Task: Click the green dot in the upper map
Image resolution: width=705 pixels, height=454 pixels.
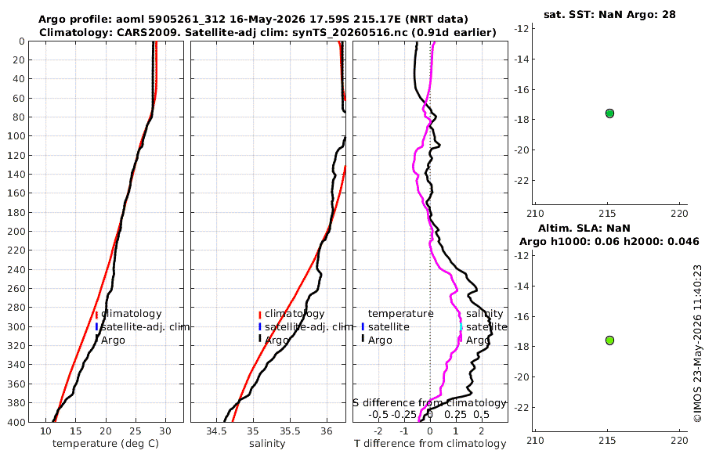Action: click(609, 113)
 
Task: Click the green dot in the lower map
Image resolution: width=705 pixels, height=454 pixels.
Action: click(609, 340)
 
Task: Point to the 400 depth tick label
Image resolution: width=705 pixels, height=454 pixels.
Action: click(16, 422)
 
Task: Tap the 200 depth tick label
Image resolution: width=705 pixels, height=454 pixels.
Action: click(16, 231)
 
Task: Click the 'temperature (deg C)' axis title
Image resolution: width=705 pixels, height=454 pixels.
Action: click(106, 444)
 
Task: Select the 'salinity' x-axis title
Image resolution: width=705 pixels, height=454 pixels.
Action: click(267, 444)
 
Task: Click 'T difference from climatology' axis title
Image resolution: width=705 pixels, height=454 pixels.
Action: click(430, 444)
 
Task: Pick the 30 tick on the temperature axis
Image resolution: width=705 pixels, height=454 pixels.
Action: click(165, 431)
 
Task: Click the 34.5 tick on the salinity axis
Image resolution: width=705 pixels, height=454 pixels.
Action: click(216, 431)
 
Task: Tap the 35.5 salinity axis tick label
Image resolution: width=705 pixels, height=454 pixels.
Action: click(290, 431)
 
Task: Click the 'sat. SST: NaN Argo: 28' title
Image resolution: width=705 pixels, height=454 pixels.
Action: click(609, 14)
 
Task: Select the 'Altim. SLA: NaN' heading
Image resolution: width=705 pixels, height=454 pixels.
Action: click(584, 228)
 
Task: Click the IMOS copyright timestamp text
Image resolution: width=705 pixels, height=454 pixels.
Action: click(697, 344)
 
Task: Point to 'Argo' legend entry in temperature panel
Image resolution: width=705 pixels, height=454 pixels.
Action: click(113, 340)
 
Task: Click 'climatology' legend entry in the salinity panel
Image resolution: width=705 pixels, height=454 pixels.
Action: click(295, 314)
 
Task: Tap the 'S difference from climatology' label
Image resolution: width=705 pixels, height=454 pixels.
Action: click(429, 403)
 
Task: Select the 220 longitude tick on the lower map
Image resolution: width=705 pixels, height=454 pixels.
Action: click(679, 440)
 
